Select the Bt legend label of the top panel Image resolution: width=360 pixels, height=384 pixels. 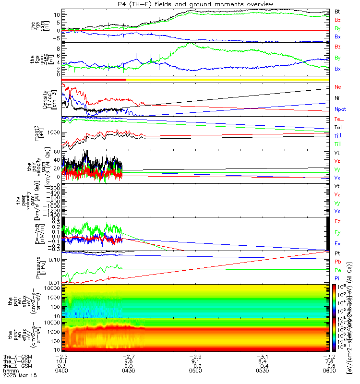tap(337, 11)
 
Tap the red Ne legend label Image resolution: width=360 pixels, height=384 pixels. tap(337, 87)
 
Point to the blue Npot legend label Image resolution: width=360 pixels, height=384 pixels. tap(339, 110)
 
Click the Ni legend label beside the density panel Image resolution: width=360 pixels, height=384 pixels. tap(337, 98)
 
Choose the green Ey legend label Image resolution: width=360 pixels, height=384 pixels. tap(338, 232)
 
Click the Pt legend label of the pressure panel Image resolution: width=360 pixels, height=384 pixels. tap(337, 253)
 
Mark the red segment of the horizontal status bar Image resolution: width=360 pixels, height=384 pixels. tap(94, 79)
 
